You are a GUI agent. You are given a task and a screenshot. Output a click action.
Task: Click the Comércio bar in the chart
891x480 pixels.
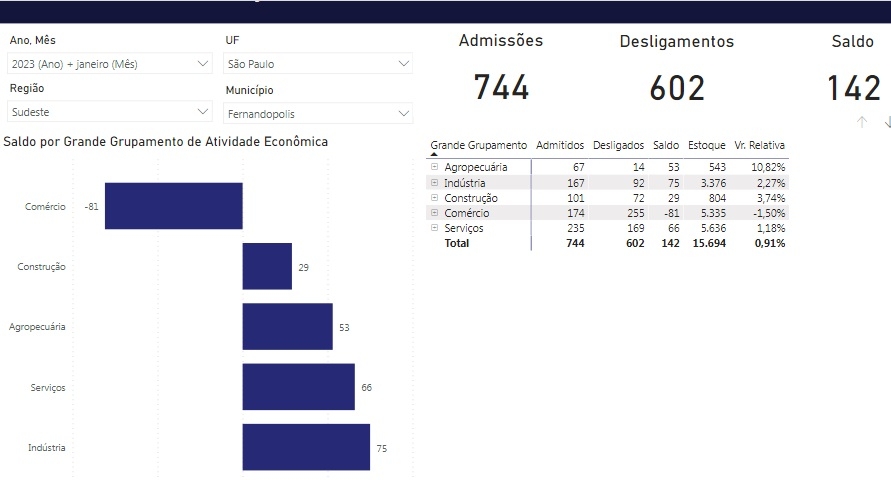point(173,206)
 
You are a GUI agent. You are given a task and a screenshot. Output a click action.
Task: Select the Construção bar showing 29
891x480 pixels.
point(267,267)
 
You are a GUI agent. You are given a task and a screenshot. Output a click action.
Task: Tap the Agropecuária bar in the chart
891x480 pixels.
point(287,327)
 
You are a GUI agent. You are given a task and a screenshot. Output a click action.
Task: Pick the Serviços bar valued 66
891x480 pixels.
point(298,387)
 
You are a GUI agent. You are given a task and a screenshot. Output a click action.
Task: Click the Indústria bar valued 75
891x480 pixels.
point(306,448)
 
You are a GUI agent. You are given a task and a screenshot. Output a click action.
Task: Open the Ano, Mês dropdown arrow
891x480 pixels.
point(203,64)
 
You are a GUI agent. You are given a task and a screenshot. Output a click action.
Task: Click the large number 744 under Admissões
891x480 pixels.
point(501,88)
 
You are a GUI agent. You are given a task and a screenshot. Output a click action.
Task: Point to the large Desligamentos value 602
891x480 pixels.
point(677,88)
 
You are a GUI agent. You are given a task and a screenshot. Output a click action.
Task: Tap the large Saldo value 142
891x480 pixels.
point(854,88)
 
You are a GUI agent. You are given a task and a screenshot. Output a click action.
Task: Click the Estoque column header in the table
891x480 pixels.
point(706,146)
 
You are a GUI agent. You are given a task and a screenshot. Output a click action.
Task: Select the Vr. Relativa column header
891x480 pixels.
point(759,146)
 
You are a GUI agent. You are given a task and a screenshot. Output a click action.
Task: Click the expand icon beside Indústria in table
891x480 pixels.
point(434,183)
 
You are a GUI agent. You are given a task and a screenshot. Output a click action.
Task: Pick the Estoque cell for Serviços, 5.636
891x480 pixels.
point(709,228)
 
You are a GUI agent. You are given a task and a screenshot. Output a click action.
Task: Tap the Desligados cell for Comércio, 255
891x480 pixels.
point(631,213)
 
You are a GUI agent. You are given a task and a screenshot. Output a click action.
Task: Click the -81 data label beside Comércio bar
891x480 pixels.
point(92,207)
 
